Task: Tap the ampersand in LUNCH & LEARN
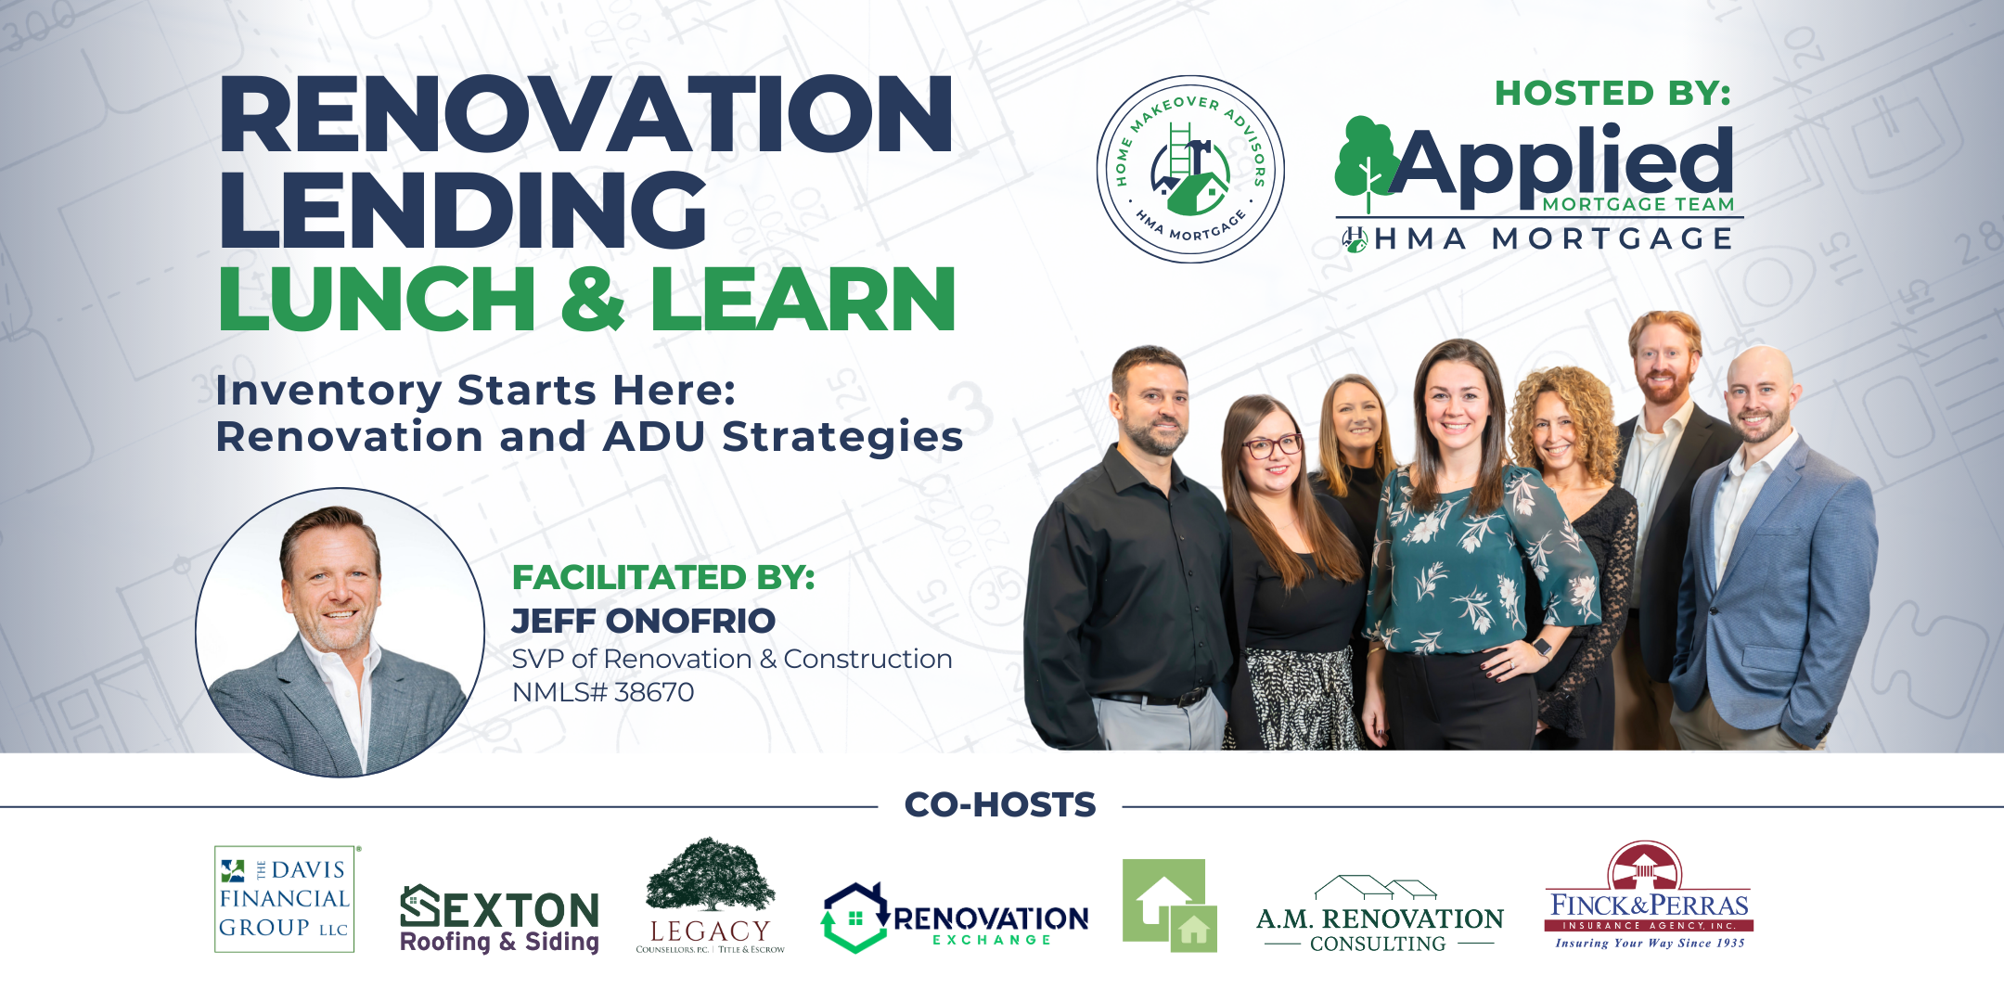[593, 298]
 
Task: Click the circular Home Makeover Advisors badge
[1190, 169]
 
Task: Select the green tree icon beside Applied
[1367, 163]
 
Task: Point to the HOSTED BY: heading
[1612, 93]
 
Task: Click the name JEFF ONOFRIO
[643, 621]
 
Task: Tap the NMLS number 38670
[654, 692]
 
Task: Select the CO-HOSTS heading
[1000, 804]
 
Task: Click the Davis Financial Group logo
[285, 898]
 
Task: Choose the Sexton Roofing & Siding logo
[499, 918]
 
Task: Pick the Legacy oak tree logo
[710, 895]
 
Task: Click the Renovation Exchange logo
[955, 918]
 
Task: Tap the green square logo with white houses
[1169, 906]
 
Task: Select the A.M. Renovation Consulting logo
[1380, 915]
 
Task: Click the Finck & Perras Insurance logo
[1649, 895]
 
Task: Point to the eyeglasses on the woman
[1272, 446]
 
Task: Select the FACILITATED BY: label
[663, 577]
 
